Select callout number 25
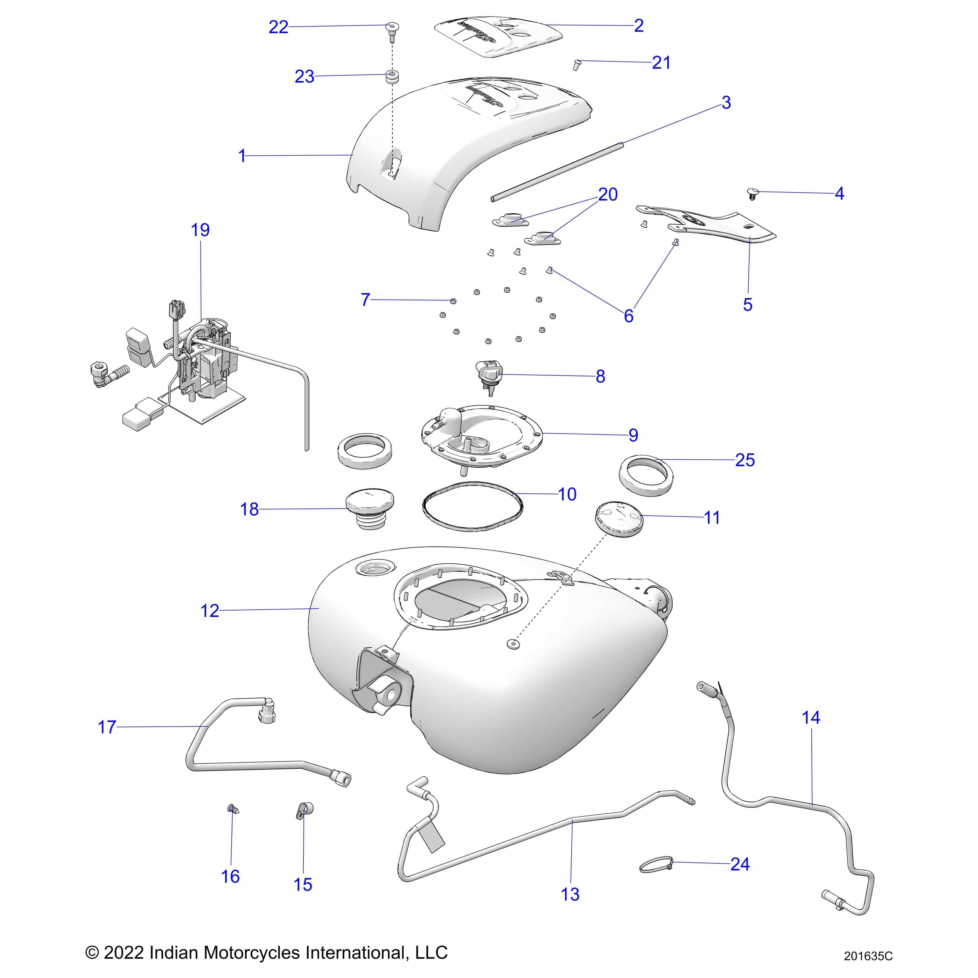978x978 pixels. pos(745,460)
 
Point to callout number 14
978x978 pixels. pos(810,717)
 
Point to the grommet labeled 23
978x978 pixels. pos(391,77)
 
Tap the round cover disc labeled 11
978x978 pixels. pos(617,516)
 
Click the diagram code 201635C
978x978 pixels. pos(868,956)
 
